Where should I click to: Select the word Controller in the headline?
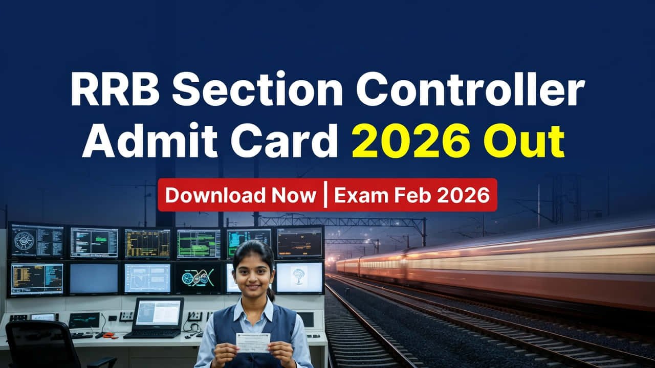pos(470,90)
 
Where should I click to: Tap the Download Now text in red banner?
pos(241,195)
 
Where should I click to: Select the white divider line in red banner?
pos(325,195)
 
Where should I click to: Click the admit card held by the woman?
pos(253,342)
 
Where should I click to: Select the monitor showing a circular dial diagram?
pos(37,241)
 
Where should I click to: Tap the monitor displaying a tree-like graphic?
pos(299,277)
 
